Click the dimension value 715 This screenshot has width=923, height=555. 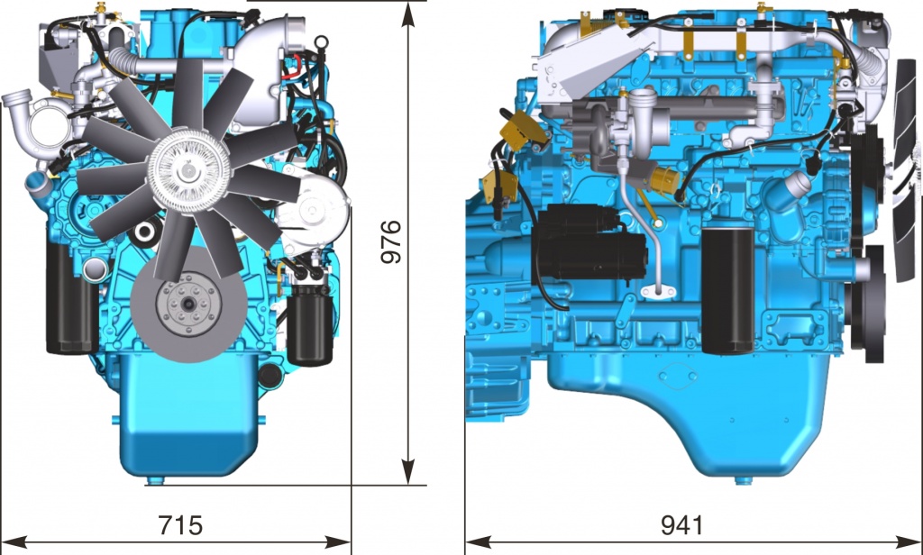click(180, 524)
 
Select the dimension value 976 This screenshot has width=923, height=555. click(390, 241)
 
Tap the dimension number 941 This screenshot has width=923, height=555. click(681, 525)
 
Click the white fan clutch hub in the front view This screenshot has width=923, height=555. click(188, 170)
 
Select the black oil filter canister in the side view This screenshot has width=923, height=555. click(727, 291)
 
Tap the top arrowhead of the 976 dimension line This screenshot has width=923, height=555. click(408, 14)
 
